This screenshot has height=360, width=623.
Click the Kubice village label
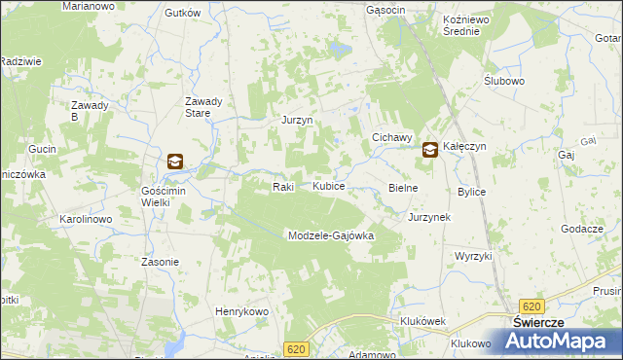click(328, 185)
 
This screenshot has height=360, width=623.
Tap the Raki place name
click(282, 186)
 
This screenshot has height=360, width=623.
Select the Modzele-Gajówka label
click(330, 235)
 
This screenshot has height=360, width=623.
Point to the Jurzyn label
click(296, 120)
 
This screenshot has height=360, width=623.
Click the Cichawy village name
click(393, 138)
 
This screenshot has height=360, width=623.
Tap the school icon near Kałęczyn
click(430, 150)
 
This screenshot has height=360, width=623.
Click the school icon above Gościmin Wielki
click(174, 162)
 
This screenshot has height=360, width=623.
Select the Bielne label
click(403, 187)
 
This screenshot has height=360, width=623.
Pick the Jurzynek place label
click(429, 217)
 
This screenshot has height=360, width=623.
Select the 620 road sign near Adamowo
click(297, 348)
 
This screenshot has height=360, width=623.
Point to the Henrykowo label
click(241, 310)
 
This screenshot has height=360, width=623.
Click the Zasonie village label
click(160, 262)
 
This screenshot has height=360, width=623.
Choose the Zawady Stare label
click(205, 107)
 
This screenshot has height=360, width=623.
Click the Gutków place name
click(183, 13)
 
